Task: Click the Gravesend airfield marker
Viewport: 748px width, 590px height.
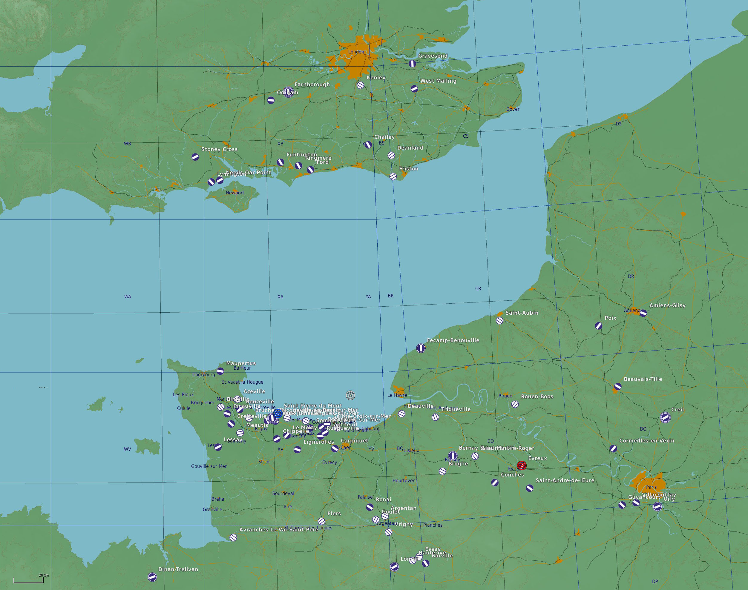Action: tap(412, 64)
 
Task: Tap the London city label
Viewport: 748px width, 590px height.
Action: tap(356, 52)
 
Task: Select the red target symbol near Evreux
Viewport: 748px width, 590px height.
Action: tap(522, 466)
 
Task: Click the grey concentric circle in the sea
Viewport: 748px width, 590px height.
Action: tap(350, 395)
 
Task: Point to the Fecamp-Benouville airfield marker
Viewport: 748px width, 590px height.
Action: tap(421, 348)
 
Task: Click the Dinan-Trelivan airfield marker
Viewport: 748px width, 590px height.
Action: tap(152, 577)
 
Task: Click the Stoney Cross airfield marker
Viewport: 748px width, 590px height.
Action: tap(195, 157)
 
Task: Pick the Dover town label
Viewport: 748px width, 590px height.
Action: tap(513, 109)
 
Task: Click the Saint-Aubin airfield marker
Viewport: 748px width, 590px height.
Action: tap(499, 321)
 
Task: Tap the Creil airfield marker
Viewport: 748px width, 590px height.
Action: tap(665, 417)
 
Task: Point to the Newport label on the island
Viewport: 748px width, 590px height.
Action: tap(235, 193)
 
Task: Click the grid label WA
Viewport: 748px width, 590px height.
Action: tap(128, 297)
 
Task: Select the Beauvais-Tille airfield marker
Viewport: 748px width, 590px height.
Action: tap(618, 387)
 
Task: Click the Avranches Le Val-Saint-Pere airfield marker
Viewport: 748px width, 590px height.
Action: tap(233, 537)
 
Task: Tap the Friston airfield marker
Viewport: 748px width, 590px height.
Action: tap(393, 176)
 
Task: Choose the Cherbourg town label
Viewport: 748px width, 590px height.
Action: tap(203, 374)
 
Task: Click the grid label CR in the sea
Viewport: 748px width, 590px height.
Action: tap(478, 288)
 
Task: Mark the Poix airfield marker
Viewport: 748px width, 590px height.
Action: tap(598, 326)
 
